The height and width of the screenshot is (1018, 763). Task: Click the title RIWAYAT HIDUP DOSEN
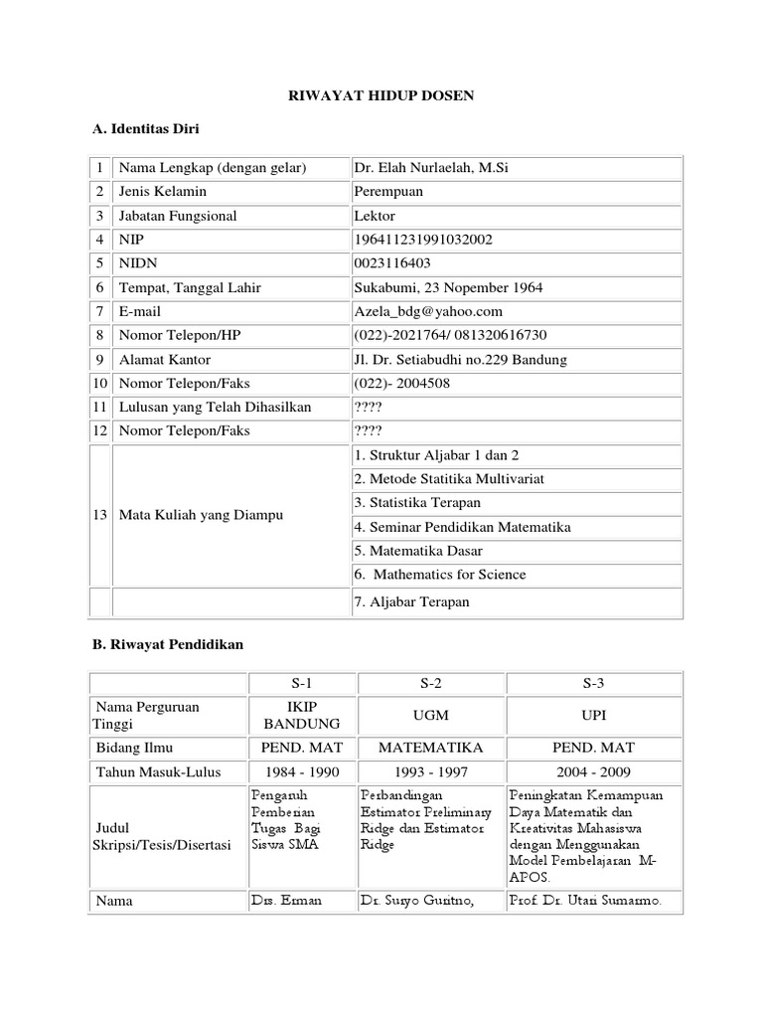pos(381,95)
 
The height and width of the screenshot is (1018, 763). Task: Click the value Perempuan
pos(388,192)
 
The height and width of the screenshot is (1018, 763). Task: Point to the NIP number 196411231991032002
pos(422,240)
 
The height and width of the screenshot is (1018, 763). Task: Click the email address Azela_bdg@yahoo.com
pos(428,311)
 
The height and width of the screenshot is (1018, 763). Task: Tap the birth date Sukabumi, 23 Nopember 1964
pos(448,287)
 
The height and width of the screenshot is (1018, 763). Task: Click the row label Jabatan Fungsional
pos(177,216)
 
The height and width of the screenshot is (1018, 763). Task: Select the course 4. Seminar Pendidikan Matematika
pos(462,527)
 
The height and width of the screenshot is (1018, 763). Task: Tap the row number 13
pos(100,515)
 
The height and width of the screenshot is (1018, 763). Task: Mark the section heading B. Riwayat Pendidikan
pos(166,644)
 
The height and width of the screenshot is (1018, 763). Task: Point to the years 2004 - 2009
pos(594,770)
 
